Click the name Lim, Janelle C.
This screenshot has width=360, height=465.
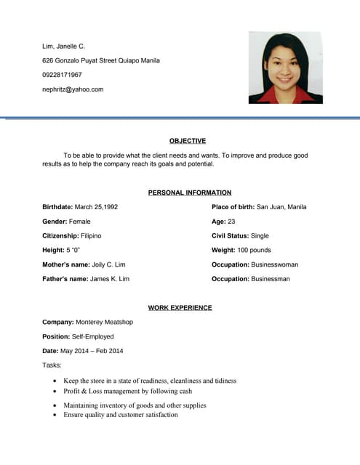pyautogui.click(x=64, y=46)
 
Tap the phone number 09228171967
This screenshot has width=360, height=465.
pyautogui.click(x=63, y=75)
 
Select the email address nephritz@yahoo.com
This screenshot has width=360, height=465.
pyautogui.click(x=73, y=89)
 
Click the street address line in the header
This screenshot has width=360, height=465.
pyautogui.click(x=101, y=60)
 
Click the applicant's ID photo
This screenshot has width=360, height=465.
pyautogui.click(x=285, y=68)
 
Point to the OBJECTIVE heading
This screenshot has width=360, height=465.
pyautogui.click(x=188, y=141)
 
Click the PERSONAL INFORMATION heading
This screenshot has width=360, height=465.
pyautogui.click(x=190, y=193)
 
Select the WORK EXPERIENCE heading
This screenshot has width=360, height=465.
pyautogui.click(x=180, y=307)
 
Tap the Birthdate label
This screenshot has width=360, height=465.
pyautogui.click(x=57, y=207)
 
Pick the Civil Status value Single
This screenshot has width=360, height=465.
pyautogui.click(x=260, y=236)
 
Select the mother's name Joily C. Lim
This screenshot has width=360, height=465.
pyautogui.click(x=109, y=264)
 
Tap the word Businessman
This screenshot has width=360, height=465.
pyautogui.click(x=271, y=279)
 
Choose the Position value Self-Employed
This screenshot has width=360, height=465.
pyautogui.click(x=93, y=336)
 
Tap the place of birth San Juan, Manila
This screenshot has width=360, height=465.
pyautogui.click(x=282, y=207)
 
